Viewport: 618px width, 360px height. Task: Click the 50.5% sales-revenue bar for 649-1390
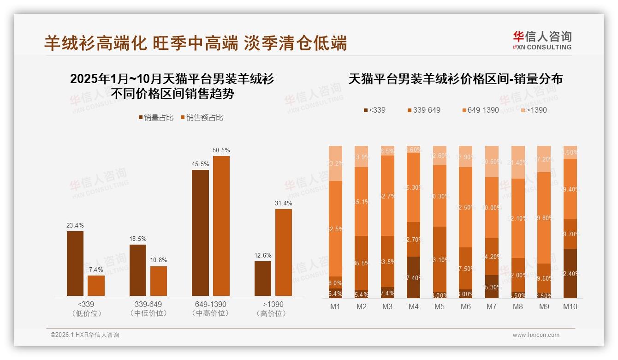click(x=221, y=226)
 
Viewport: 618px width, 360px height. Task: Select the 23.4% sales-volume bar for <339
click(x=75, y=263)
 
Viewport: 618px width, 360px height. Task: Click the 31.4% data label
click(x=284, y=203)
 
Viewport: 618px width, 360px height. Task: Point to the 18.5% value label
click(x=138, y=239)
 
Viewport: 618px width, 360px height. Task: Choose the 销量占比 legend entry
click(x=156, y=118)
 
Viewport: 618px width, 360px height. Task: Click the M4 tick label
click(x=413, y=306)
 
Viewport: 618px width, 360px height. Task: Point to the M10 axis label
click(x=570, y=306)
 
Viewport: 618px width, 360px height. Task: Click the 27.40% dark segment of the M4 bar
click(x=413, y=277)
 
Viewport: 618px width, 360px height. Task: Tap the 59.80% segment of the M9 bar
click(x=544, y=218)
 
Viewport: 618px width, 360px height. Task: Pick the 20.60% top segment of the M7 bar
click(x=492, y=162)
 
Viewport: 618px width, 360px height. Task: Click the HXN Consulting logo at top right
click(x=542, y=41)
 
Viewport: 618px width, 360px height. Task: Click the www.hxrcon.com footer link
click(x=536, y=335)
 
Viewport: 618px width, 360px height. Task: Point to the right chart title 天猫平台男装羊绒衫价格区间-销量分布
click(x=455, y=79)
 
